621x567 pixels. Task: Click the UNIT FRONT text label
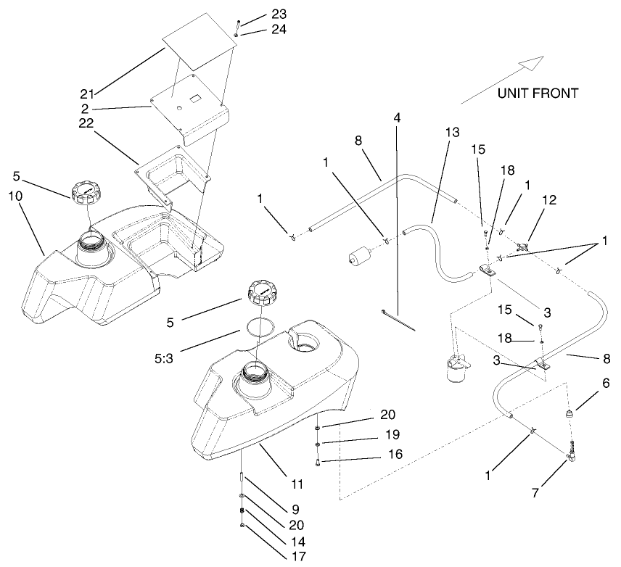click(538, 93)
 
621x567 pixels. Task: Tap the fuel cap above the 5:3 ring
click(261, 291)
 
